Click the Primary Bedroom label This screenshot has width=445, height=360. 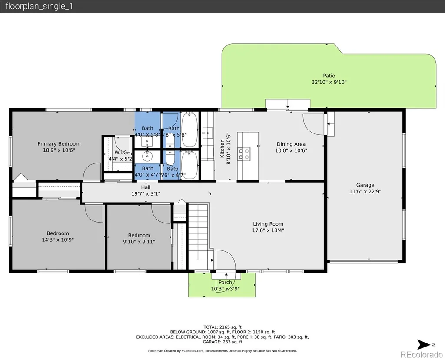point(59,143)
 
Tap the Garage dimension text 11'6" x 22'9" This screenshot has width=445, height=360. point(365,191)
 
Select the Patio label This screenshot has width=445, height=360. point(329,76)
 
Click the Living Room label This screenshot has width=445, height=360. point(268,224)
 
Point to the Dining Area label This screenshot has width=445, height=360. point(291,144)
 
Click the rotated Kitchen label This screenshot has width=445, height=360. point(222,149)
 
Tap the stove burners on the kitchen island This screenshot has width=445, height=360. point(244,154)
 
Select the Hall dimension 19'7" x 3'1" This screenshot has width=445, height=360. point(146,193)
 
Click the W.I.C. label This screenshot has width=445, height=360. point(121,153)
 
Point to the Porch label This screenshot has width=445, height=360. point(225,283)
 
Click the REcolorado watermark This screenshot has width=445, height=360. point(422,355)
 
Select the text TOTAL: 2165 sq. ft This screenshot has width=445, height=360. point(222,327)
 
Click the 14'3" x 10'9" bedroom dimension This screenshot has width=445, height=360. point(58,240)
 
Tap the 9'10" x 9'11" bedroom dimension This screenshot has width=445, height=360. point(139,242)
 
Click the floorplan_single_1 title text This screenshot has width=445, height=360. point(39,7)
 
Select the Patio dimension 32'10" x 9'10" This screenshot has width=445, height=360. point(329,82)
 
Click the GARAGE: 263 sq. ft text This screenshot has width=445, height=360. point(222,342)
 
